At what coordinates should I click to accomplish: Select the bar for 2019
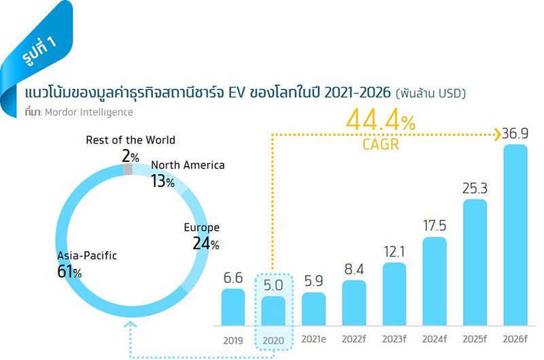point(233,308)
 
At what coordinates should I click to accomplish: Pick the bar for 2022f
point(354,304)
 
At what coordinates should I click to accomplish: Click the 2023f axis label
point(394,340)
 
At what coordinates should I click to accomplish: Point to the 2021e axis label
point(313,340)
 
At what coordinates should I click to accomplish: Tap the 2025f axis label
point(475,340)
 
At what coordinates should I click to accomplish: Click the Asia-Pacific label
point(87,256)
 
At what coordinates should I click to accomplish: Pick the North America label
point(188,165)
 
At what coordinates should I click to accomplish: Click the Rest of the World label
point(131,140)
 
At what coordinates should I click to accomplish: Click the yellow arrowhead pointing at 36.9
point(496,134)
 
